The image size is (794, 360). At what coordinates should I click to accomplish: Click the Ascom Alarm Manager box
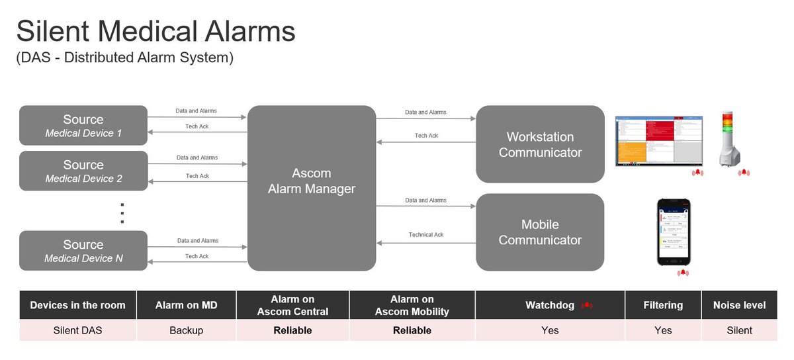312,188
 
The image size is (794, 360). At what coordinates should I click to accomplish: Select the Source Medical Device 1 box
83,126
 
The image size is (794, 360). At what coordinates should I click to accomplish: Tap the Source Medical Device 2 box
83,171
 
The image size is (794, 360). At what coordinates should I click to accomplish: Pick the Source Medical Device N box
83,251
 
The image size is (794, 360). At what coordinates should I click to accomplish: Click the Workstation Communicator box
540,144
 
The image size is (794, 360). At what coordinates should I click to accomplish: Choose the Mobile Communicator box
540,232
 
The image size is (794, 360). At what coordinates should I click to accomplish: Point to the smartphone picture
674,232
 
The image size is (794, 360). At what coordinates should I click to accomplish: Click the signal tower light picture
730,140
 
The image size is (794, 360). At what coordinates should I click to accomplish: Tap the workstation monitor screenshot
659,141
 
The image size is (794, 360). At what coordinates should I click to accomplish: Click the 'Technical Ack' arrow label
426,235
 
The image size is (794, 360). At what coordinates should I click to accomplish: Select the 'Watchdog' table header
550,305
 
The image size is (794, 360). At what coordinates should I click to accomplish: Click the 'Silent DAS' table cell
78,330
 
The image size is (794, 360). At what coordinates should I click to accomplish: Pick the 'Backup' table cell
186,330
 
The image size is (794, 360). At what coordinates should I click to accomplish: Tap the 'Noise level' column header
739,305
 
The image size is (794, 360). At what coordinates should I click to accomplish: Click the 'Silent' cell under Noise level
739,330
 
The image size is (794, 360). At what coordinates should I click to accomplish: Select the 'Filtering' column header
662,305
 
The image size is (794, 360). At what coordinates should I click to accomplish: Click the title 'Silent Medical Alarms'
156,32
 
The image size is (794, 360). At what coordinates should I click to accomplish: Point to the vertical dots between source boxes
122,213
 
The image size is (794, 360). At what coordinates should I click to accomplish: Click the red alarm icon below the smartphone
682,273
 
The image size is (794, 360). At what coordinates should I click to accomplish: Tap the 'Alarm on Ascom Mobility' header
412,305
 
